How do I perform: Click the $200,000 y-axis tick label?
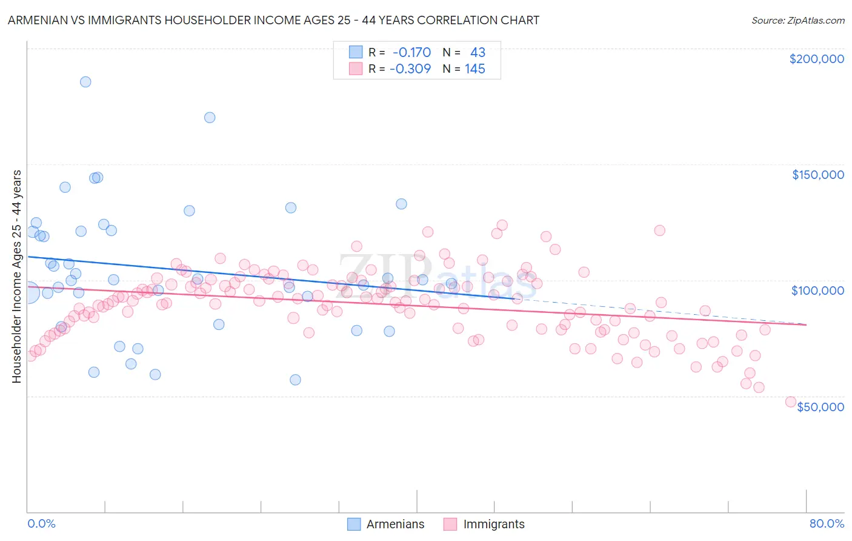(816, 59)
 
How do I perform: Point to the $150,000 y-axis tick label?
(817, 175)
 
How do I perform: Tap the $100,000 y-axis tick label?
(817, 291)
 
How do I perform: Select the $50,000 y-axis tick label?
(820, 406)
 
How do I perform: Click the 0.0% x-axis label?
(41, 523)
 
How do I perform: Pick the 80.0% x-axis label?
(827, 523)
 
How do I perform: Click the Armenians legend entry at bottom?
(386, 524)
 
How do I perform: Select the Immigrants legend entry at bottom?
(484, 524)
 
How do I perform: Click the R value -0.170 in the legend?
(411, 52)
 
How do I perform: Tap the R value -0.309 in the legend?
(410, 69)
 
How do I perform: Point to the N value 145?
(474, 69)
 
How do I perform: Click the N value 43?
(478, 52)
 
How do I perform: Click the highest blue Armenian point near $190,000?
(85, 82)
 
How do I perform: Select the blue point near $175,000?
(210, 118)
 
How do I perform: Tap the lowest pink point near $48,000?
(790, 402)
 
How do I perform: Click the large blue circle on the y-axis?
(28, 293)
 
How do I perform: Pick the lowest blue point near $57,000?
(295, 380)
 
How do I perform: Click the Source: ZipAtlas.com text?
(797, 21)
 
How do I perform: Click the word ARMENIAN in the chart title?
(36, 20)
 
